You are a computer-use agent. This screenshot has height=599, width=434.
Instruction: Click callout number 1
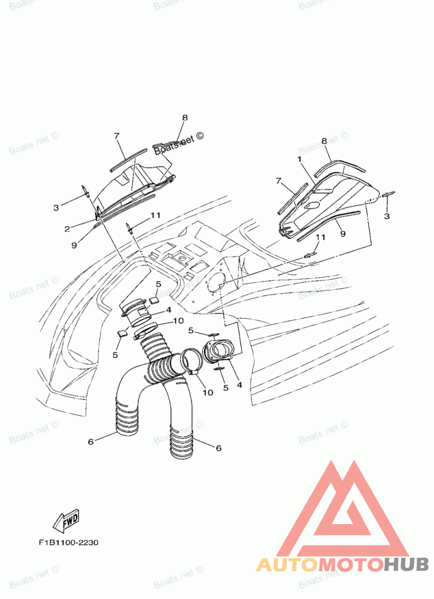click(x=298, y=159)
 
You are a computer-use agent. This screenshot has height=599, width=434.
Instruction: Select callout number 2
click(x=67, y=229)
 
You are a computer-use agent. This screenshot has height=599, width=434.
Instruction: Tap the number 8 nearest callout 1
click(x=324, y=141)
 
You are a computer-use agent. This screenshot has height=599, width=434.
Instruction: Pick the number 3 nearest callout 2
click(x=56, y=207)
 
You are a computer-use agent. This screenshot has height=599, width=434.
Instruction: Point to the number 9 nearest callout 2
click(x=74, y=245)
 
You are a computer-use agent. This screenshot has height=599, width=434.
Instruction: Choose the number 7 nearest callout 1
click(x=278, y=180)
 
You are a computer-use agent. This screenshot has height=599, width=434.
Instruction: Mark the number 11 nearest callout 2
click(x=156, y=215)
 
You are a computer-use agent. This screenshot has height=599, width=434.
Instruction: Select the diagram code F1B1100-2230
click(x=68, y=543)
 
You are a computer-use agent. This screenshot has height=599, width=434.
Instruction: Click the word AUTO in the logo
click(x=286, y=565)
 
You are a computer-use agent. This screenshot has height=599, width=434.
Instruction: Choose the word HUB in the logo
click(x=406, y=565)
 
